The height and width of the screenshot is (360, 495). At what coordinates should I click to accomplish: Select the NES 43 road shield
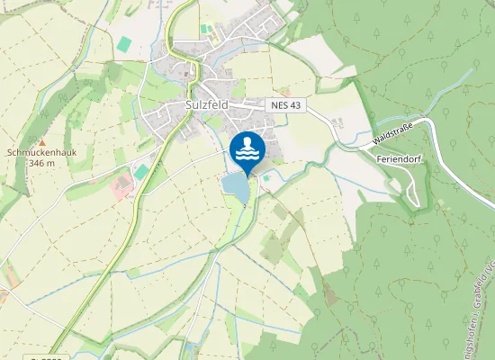[x=286, y=106]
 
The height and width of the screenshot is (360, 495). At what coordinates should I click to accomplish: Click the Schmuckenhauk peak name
[x=41, y=153]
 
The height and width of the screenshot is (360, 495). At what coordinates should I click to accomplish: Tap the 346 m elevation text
[x=41, y=164]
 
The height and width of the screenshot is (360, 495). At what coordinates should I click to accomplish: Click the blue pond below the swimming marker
[x=236, y=187]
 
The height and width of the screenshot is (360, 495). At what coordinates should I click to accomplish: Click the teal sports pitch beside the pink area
[x=141, y=171]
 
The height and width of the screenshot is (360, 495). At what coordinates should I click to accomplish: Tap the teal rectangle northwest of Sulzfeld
[x=122, y=43]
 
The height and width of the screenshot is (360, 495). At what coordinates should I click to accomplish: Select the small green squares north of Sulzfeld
[x=208, y=31]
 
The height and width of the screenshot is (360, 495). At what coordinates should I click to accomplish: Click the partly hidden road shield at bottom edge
[x=45, y=358]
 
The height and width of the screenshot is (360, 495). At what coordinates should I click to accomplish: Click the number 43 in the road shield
[x=294, y=106]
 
